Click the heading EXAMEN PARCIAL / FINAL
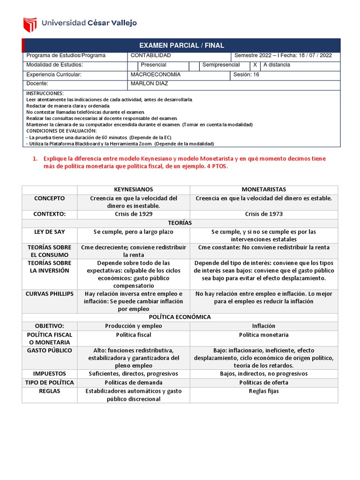coord(181,45)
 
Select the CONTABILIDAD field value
coord(150,55)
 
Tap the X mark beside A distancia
coord(255,65)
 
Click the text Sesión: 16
coord(246,75)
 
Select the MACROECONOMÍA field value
coord(155,75)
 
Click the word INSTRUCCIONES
coord(45,93)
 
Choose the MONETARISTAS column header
coord(263,189)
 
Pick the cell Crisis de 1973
coord(263,214)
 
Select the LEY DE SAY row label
coord(49,232)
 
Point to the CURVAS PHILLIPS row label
coord(49,294)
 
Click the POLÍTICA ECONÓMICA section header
coord(180,317)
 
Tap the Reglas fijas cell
coord(263,391)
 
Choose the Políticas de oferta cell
coord(263,382)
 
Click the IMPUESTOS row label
coord(49,374)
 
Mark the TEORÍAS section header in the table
coord(180,223)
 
